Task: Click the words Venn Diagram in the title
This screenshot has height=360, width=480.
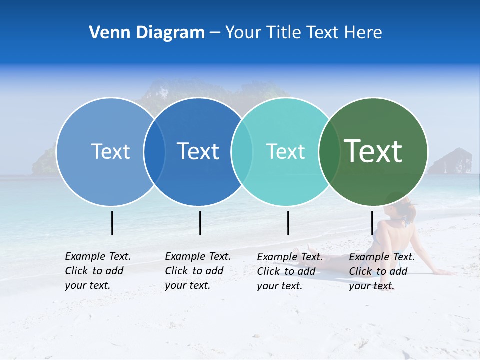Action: (x=147, y=33)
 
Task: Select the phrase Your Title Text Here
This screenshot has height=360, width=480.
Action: (x=303, y=33)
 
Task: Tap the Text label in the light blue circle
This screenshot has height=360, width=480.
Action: (x=110, y=151)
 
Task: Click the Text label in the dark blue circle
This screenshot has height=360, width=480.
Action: (x=198, y=151)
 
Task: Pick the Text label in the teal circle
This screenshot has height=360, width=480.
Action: (x=285, y=151)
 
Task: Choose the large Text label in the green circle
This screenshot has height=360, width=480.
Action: (x=373, y=151)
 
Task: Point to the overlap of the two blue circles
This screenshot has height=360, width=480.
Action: (x=154, y=152)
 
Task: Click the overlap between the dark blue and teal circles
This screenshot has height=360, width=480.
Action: (x=242, y=152)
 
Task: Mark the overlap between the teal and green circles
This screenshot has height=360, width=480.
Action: (x=329, y=152)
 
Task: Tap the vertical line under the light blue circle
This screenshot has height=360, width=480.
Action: (x=112, y=223)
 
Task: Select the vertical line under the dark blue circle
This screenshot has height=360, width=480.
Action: (x=200, y=223)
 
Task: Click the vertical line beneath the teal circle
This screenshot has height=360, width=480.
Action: (x=288, y=223)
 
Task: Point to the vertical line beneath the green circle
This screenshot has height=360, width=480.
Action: (x=372, y=223)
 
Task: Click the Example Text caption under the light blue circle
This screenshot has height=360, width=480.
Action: (x=97, y=271)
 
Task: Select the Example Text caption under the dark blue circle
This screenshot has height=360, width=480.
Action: (x=197, y=271)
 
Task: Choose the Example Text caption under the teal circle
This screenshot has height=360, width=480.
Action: (x=289, y=271)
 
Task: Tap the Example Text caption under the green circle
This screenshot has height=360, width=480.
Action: (x=381, y=271)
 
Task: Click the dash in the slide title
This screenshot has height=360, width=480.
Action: (x=215, y=33)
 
